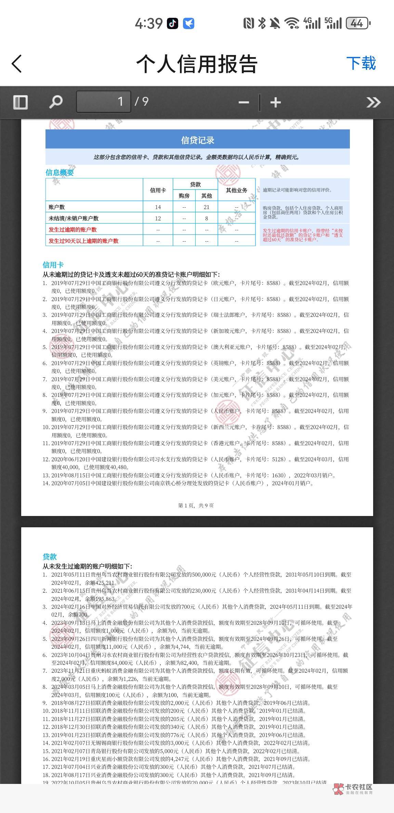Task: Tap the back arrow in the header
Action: click(17, 64)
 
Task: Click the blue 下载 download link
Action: click(361, 64)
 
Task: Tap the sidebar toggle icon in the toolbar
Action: click(20, 102)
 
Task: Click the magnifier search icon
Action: click(56, 102)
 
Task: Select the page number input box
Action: click(103, 102)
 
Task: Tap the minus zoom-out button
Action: click(244, 102)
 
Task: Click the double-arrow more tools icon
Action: click(373, 102)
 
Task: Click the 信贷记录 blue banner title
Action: click(197, 140)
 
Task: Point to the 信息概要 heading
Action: click(60, 172)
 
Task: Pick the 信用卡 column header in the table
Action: click(158, 190)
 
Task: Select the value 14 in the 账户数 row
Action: click(158, 207)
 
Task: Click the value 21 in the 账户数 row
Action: click(206, 207)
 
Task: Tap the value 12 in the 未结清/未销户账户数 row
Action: click(158, 218)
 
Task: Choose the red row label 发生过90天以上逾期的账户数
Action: click(83, 241)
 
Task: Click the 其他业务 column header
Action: click(236, 190)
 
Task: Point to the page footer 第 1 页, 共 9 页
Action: click(196, 505)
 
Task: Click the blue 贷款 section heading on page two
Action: click(50, 557)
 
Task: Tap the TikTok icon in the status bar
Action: click(172, 23)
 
